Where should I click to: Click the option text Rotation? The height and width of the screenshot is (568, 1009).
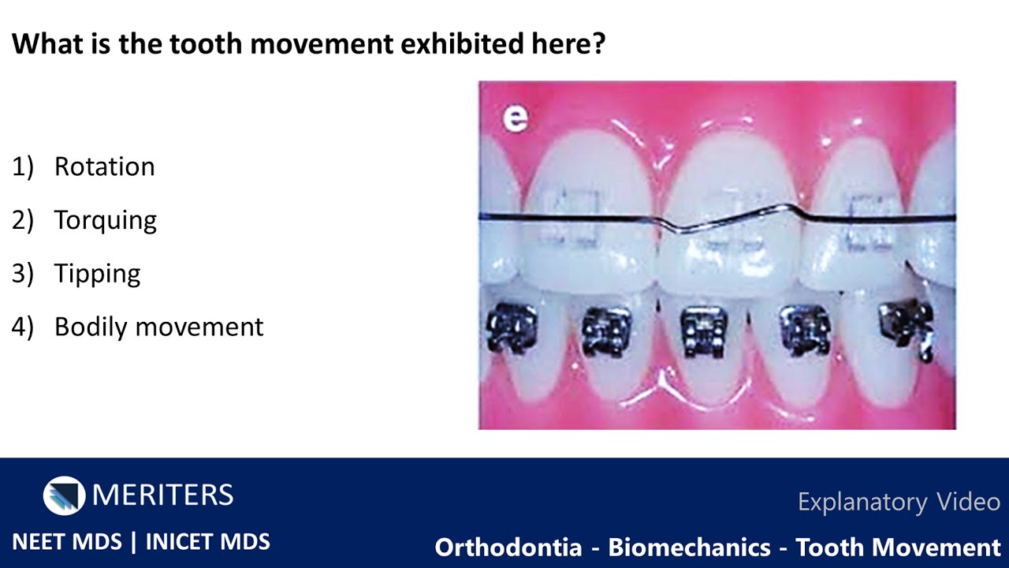coord(104,167)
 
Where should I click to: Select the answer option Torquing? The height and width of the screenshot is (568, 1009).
coord(105,221)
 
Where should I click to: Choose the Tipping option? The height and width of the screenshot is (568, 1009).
coord(97,274)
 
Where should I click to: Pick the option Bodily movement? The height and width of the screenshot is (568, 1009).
coord(158,327)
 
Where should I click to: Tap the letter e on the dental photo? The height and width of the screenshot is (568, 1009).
coord(516,118)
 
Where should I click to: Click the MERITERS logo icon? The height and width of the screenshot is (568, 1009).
coord(64,495)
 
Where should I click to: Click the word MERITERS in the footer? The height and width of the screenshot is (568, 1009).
coord(162,495)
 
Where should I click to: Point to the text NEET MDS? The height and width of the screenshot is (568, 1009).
coord(67,542)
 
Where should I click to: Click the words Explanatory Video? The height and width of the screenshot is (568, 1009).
coord(899,502)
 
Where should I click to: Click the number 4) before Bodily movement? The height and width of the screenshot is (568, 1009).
coord(22,327)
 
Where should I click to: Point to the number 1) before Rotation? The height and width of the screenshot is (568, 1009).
coord(22,167)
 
